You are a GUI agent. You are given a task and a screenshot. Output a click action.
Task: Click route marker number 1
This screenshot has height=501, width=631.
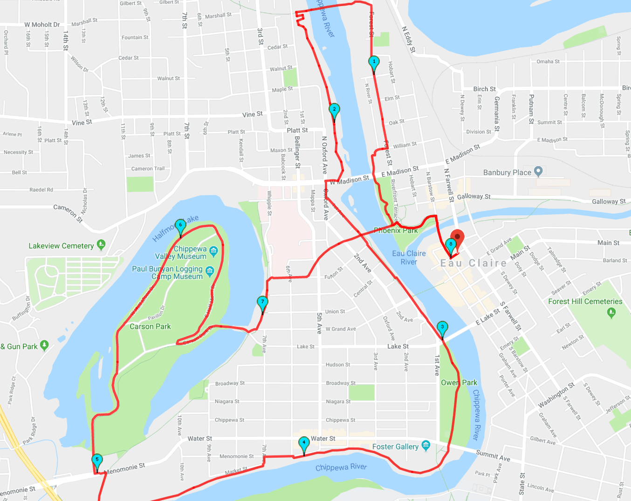pyautogui.click(x=374, y=62)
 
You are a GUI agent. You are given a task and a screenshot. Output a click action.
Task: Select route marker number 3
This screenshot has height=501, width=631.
pyautogui.click(x=442, y=327)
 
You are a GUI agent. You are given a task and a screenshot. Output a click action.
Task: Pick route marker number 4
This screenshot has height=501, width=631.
pyautogui.click(x=304, y=443)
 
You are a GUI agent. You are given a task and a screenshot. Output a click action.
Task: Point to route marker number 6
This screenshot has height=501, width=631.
pyautogui.click(x=180, y=225)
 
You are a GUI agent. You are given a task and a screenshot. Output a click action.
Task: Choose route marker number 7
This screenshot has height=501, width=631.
pyautogui.click(x=263, y=302)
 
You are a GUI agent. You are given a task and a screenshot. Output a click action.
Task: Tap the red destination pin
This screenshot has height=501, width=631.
pyautogui.click(x=457, y=237)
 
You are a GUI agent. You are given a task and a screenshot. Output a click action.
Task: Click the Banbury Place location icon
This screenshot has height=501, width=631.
pyautogui.click(x=538, y=171)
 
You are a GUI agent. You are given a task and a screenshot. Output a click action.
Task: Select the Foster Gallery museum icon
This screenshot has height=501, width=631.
pyautogui.click(x=425, y=446)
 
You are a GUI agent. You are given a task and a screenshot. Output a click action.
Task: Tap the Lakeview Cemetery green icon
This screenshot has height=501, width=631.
pyautogui.click(x=101, y=244)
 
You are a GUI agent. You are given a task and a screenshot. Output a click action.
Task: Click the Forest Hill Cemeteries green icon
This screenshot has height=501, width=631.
pyautogui.click(x=611, y=312)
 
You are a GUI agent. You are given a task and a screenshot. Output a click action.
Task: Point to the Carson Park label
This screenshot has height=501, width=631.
pyautogui.click(x=150, y=326)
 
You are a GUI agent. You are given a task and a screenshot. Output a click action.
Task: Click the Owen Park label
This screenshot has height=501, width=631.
pyautogui.click(x=459, y=383)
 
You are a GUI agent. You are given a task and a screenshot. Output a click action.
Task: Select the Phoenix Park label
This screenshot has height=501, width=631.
pyautogui.click(x=396, y=230)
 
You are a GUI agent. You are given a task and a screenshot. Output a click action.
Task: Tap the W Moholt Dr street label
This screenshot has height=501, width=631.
pyautogui.click(x=42, y=25)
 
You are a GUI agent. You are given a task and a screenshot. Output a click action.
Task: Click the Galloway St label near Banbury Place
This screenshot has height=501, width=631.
pyautogui.click(x=473, y=196)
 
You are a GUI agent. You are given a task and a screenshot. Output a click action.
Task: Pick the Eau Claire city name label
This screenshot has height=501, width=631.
pyautogui.click(x=473, y=264)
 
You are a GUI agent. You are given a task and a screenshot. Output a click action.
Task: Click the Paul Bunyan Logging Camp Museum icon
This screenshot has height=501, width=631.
pyautogui.click(x=210, y=271)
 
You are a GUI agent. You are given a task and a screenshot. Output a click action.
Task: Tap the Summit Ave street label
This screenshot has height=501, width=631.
pyautogui.click(x=493, y=455)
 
